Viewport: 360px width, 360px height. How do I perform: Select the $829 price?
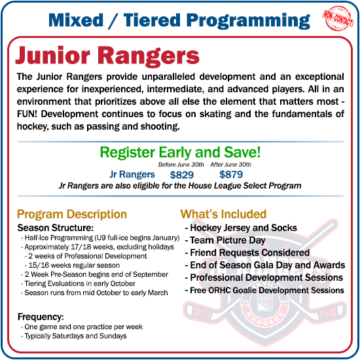[182, 175]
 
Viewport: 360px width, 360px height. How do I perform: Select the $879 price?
[230, 175]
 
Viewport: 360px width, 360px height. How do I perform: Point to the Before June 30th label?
[181, 164]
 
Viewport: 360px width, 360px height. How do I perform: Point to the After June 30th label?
[230, 164]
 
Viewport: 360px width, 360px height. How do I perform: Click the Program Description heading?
[72, 214]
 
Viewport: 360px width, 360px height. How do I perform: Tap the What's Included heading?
[223, 214]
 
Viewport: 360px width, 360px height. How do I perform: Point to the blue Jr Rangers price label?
[132, 175]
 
